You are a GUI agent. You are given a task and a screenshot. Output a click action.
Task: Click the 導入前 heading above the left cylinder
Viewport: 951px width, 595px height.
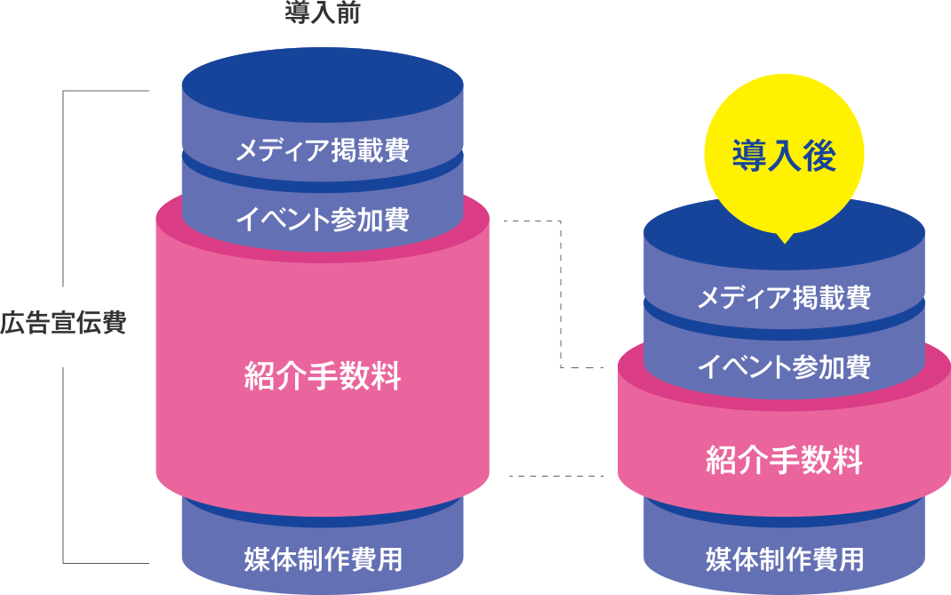pos(323,13)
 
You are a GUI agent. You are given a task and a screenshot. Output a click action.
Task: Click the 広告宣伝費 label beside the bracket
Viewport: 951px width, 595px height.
pos(63,323)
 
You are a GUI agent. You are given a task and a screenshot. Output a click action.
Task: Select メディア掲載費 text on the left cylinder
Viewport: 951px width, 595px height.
pos(322,150)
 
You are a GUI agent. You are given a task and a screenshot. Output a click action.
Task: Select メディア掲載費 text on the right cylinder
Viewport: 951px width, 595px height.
pos(783,297)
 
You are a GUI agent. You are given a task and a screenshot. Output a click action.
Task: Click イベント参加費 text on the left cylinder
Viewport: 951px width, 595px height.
pos(322,219)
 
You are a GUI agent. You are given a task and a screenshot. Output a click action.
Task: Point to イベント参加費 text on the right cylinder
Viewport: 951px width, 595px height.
pos(783,366)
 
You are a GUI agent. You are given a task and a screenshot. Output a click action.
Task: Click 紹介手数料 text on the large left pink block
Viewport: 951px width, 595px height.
pos(322,377)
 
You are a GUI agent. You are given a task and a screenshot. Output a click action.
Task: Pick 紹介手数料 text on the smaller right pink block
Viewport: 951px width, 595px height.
pos(783,461)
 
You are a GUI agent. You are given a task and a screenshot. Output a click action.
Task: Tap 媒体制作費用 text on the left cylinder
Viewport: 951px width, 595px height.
pos(322,559)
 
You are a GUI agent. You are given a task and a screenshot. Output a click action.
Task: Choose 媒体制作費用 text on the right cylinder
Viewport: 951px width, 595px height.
pos(783,559)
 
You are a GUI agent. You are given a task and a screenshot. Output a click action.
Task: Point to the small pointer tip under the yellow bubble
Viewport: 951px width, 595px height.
pos(783,238)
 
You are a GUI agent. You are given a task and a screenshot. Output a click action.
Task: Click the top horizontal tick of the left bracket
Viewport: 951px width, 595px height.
pos(105,91)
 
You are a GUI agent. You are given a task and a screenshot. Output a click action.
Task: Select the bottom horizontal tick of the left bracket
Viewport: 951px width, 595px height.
pos(105,563)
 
